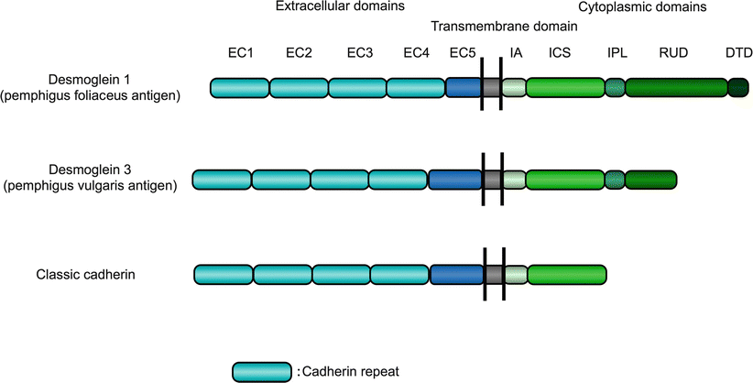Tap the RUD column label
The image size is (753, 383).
(x=672, y=53)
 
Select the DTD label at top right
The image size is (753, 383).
(x=738, y=53)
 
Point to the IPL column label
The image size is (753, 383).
(x=617, y=53)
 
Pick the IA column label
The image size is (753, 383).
(x=516, y=53)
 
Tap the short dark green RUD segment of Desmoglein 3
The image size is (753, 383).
(x=650, y=180)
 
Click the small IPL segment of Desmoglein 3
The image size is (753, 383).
(x=615, y=180)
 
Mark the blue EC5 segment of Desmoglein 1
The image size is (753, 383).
(x=463, y=88)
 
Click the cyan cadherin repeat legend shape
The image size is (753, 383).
(x=263, y=370)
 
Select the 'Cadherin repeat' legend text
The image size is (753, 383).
(x=345, y=370)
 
